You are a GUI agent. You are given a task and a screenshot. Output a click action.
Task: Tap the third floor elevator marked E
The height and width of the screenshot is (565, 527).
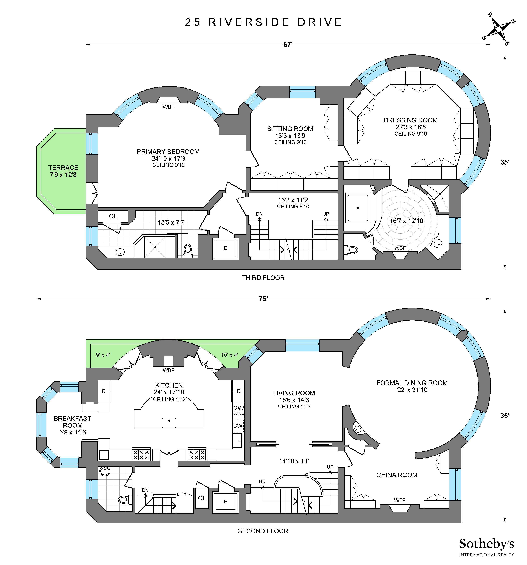pyautogui.click(x=225, y=248)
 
